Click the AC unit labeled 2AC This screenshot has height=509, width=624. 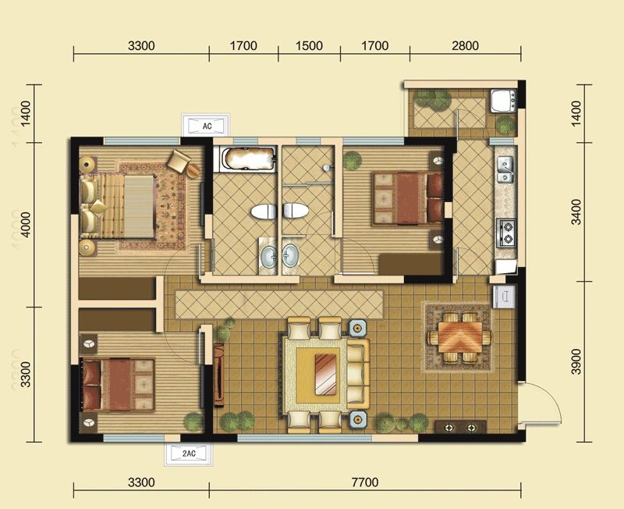(189, 454)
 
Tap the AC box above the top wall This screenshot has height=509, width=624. (207, 126)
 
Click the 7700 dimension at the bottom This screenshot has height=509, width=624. (365, 482)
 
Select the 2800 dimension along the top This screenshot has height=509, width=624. (465, 45)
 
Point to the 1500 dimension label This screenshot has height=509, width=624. (309, 45)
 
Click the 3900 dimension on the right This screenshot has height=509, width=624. (576, 361)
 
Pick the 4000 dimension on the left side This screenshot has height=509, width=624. (25, 225)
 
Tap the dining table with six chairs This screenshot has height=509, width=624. (459, 337)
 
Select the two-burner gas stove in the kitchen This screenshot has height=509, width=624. (506, 233)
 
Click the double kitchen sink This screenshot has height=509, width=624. (505, 169)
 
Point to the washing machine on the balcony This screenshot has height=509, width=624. (504, 101)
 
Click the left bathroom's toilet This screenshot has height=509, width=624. (264, 211)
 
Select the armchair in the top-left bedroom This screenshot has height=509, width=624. (179, 161)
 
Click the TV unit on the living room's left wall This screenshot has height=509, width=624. (219, 375)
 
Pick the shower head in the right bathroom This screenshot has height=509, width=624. (327, 168)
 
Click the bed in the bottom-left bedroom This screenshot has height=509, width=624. (119, 385)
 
